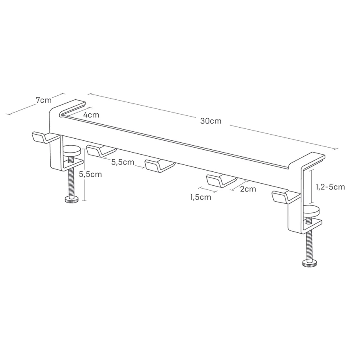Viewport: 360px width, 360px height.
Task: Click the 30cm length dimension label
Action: (x=211, y=121)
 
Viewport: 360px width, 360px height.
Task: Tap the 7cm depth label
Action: (x=44, y=100)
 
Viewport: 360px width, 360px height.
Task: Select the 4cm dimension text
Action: (x=91, y=115)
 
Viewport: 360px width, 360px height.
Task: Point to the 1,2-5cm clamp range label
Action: (x=331, y=187)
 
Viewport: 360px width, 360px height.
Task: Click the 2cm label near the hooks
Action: (x=248, y=189)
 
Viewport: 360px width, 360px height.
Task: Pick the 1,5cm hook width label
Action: (x=201, y=197)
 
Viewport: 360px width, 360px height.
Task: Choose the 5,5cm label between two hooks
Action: (x=123, y=162)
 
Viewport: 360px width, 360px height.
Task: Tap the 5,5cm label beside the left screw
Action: (x=90, y=174)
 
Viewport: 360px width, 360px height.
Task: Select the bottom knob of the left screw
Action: (x=72, y=200)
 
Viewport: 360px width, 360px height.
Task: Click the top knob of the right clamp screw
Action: (x=311, y=211)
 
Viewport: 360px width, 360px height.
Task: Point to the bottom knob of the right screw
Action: (x=310, y=263)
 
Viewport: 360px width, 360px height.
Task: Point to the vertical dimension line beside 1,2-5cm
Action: (x=311, y=187)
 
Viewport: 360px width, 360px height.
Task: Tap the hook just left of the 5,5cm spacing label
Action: (x=101, y=151)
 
